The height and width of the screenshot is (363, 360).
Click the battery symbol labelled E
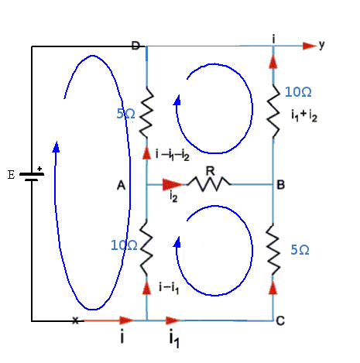point(32,176)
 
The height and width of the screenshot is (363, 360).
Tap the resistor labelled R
point(209,184)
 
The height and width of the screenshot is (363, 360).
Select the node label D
point(135,46)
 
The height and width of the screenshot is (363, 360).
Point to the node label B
point(281,185)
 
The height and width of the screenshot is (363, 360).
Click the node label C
point(280,321)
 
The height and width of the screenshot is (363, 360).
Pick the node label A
point(121,185)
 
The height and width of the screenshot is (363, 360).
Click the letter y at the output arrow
point(321,46)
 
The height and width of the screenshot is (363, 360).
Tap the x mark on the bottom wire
point(75,320)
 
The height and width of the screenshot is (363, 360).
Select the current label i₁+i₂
point(304,115)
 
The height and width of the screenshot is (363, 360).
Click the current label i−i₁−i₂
point(173,155)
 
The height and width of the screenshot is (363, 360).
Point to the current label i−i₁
point(169,288)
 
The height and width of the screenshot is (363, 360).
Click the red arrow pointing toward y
point(310,46)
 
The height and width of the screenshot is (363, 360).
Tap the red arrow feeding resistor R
point(173,184)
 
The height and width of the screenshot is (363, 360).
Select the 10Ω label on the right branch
point(298,92)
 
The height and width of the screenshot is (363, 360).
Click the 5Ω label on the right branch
point(300,250)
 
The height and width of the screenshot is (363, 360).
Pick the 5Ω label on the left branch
point(125,114)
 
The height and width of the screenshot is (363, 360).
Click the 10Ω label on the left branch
point(124,245)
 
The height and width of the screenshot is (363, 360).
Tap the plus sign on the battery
point(39,169)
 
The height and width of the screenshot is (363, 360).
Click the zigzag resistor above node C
point(273,250)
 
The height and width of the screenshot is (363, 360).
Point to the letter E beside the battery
point(11,175)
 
